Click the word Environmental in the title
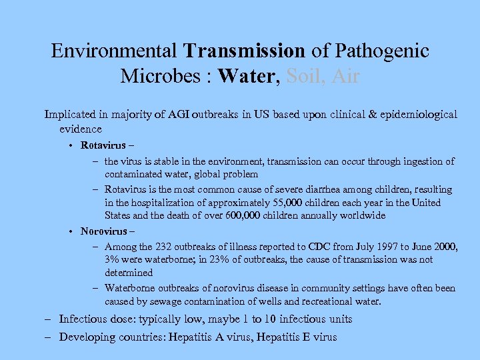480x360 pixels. click(115, 51)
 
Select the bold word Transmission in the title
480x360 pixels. click(245, 51)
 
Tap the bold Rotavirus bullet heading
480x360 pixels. click(103, 145)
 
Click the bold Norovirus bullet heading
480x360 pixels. click(103, 231)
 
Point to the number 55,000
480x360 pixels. click(264, 203)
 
